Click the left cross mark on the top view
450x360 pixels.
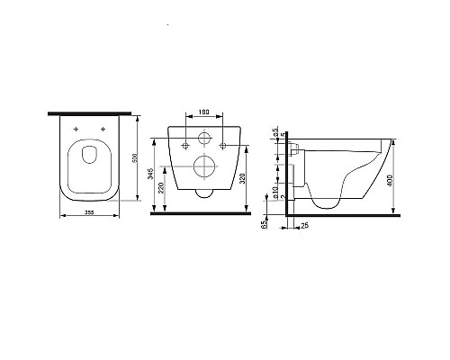pyautogui.click(x=76, y=131)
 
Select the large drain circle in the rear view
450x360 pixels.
pyautogui.click(x=204, y=168)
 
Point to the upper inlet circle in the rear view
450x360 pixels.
pyautogui.click(x=204, y=140)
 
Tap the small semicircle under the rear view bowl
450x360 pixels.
pyautogui.click(x=204, y=192)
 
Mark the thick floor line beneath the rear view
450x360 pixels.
pyautogui.click(x=204, y=215)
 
